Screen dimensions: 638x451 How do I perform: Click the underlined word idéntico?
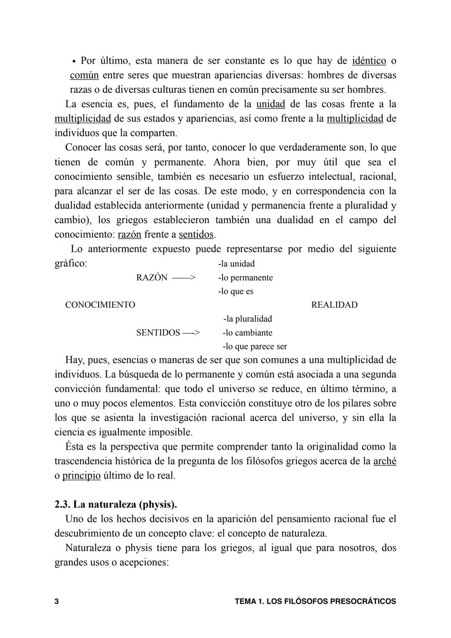(369, 61)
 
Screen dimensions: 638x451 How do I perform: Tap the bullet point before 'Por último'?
(73, 61)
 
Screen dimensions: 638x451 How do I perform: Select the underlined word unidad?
(270, 104)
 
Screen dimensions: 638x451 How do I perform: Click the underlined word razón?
(129, 234)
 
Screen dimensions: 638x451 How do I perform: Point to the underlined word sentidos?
(196, 234)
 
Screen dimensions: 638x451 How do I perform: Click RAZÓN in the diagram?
(152, 278)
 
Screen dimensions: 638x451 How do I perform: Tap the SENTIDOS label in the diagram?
(158, 333)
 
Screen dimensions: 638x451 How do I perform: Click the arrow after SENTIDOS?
(191, 333)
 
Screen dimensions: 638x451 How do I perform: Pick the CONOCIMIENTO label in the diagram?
(100, 305)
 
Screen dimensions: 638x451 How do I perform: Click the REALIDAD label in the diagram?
(334, 305)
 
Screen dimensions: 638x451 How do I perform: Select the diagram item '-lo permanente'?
(246, 278)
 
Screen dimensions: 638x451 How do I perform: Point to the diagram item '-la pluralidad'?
(248, 319)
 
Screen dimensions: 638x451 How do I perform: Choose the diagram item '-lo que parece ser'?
(255, 347)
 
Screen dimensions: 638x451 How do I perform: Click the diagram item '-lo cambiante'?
(247, 333)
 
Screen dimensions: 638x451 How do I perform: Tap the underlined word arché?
(385, 461)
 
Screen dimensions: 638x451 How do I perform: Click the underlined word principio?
(81, 476)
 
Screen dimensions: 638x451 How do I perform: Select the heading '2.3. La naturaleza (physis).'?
(116, 504)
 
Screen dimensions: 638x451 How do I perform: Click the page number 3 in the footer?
(57, 602)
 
